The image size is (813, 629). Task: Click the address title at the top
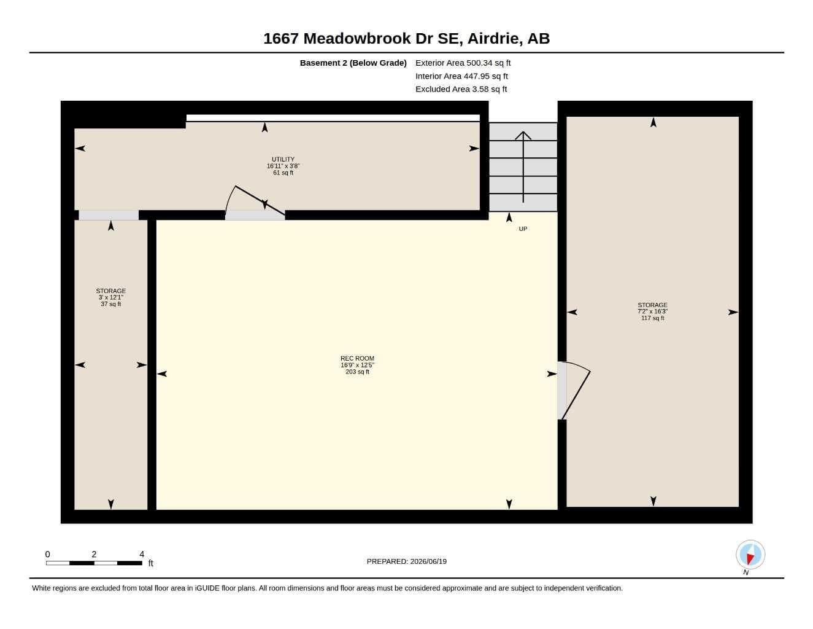point(406,39)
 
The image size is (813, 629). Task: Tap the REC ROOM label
point(357,358)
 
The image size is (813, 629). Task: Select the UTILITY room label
point(283,159)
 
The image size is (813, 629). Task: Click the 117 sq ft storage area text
point(652,318)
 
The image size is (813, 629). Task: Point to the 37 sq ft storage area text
point(110,304)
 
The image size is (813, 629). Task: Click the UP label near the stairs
point(523,229)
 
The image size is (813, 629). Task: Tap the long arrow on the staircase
point(523,167)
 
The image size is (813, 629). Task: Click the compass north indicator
point(750,555)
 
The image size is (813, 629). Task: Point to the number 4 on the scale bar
point(142,554)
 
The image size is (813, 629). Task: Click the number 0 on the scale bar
point(47,554)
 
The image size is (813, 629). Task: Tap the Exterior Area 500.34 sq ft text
point(463,63)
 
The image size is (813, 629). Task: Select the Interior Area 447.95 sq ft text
point(461,76)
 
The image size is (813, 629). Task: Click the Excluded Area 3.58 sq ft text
point(461,89)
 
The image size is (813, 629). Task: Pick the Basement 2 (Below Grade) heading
point(353,63)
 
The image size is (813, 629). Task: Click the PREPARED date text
point(406,561)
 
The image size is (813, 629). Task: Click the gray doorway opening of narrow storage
point(109,215)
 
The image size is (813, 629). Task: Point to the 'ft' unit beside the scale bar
point(151,563)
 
